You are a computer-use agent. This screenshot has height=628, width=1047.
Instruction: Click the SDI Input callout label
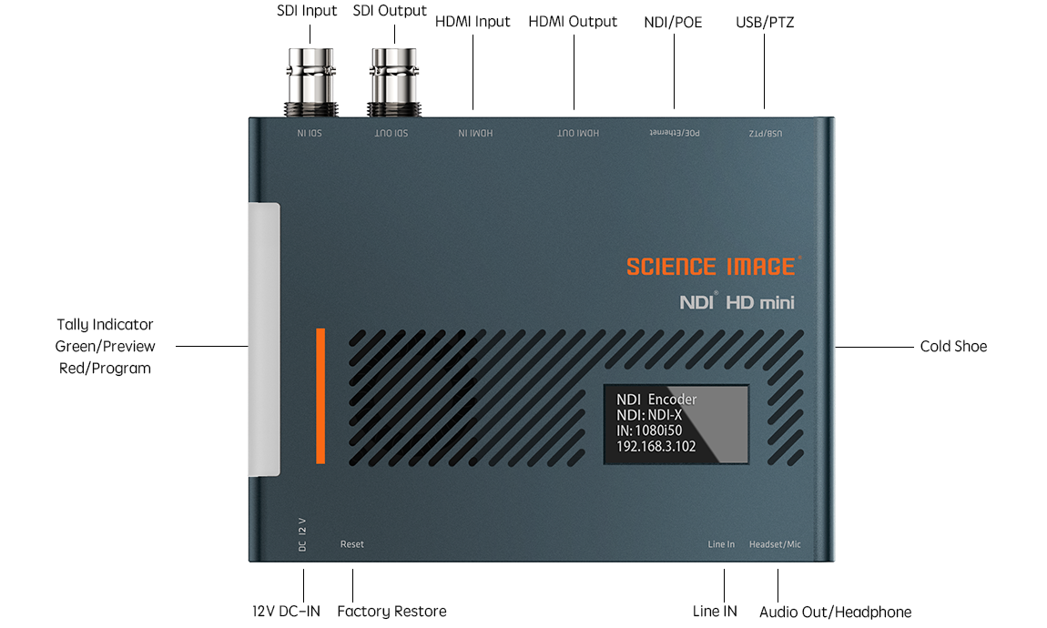307,11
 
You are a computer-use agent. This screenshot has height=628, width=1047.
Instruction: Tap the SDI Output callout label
390,11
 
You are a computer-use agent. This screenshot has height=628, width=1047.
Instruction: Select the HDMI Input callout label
473,22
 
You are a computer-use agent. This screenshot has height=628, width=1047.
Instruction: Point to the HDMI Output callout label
573,22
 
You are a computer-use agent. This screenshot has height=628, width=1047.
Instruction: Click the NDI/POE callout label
673,23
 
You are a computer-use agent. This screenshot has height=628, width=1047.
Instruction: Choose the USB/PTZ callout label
765,23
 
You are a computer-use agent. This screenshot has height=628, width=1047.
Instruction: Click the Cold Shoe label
953,347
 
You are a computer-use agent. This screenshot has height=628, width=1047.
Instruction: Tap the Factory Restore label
392,612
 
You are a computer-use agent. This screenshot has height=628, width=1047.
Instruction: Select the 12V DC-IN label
287,612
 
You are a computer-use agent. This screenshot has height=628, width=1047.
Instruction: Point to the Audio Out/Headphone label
836,612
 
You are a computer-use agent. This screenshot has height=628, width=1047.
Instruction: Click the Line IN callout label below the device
715,612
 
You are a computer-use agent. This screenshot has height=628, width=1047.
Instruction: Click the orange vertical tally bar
320,396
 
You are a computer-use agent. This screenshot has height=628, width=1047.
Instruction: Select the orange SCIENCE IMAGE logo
713,267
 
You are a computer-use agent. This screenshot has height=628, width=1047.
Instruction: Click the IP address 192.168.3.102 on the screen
656,447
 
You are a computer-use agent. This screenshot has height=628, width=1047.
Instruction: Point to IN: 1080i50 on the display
649,431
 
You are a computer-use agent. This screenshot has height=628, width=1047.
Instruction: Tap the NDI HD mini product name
737,302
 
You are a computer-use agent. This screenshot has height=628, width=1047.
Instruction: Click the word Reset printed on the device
352,544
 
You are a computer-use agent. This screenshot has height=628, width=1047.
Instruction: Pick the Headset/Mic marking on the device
775,544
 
